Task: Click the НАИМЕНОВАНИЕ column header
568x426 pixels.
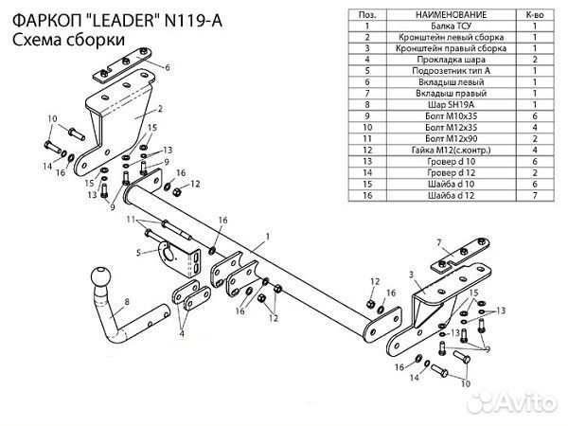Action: (437, 16)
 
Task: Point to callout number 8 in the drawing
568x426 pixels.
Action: (127, 304)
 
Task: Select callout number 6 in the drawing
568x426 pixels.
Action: (167, 68)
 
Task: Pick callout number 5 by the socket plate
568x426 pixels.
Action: (138, 253)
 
